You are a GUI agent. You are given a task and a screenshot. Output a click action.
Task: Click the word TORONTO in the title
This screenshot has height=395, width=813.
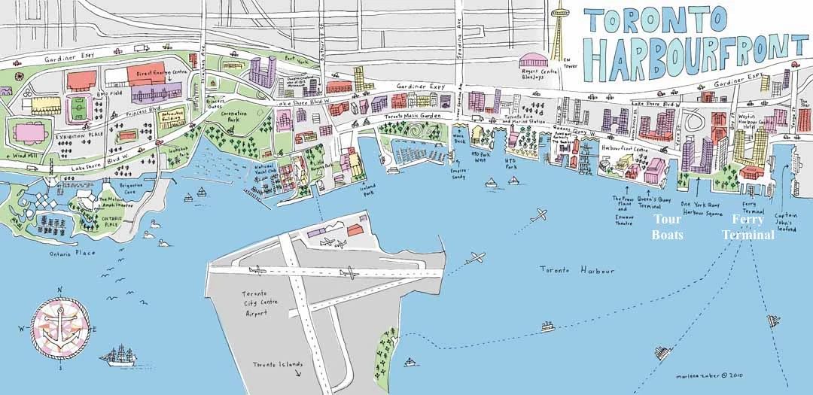[x=656, y=20]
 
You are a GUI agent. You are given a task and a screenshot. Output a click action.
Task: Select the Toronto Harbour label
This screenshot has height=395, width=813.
[x=577, y=270]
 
